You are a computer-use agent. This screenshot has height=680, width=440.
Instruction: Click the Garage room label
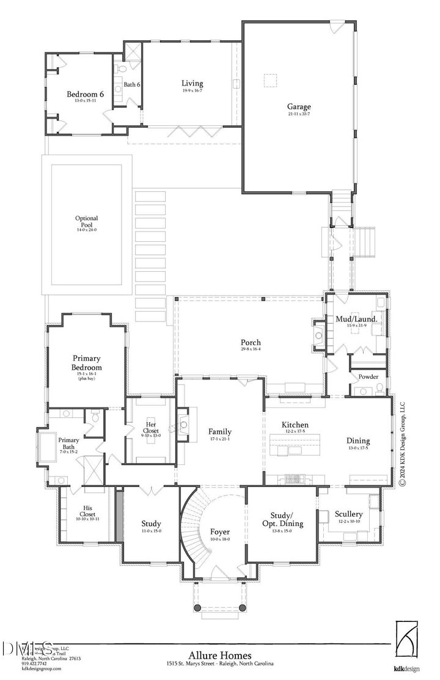click(299, 106)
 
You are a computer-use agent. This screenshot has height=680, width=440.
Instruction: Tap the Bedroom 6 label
click(85, 94)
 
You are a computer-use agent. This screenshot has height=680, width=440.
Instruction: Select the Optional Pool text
click(86, 222)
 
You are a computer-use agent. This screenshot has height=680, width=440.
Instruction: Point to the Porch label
click(251, 343)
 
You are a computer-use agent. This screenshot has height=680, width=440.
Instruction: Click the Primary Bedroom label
click(87, 363)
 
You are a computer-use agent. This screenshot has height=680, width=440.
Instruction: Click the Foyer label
click(219, 532)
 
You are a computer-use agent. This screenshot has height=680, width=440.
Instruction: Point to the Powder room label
click(368, 377)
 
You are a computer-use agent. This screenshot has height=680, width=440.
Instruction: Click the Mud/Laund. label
click(356, 319)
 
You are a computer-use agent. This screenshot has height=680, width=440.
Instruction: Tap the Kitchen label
click(295, 425)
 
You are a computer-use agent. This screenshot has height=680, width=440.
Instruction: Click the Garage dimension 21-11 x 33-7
click(299, 114)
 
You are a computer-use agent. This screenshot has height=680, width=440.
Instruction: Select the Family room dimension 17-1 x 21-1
click(219, 439)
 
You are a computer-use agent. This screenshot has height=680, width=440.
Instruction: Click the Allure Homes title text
click(221, 654)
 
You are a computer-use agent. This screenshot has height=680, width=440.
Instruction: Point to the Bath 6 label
click(133, 84)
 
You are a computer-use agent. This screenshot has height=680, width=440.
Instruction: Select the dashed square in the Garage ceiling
click(270, 81)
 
